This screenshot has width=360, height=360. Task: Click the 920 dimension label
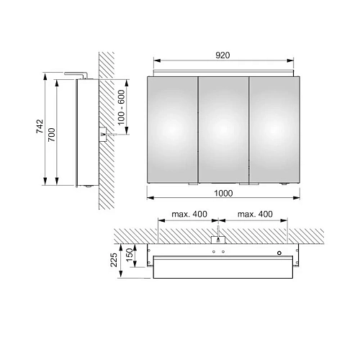[x=222, y=55]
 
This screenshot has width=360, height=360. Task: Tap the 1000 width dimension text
[x=223, y=193]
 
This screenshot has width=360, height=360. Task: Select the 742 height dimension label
[x=40, y=126]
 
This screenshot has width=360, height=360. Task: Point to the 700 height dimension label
[x=51, y=135]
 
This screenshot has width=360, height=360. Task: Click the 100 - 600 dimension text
[x=122, y=107]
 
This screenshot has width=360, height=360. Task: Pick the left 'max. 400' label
[x=189, y=214]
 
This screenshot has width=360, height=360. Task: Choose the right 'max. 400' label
[x=255, y=214]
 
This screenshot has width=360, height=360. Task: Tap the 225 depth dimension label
[x=114, y=260]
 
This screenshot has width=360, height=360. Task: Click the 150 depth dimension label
[x=129, y=255]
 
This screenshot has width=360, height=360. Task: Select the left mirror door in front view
[x=173, y=130]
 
